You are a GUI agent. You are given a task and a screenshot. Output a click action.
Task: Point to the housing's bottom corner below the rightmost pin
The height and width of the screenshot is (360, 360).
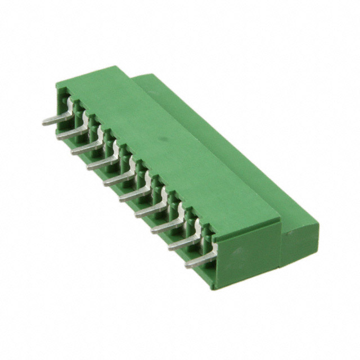pyautogui.click(x=214, y=287)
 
